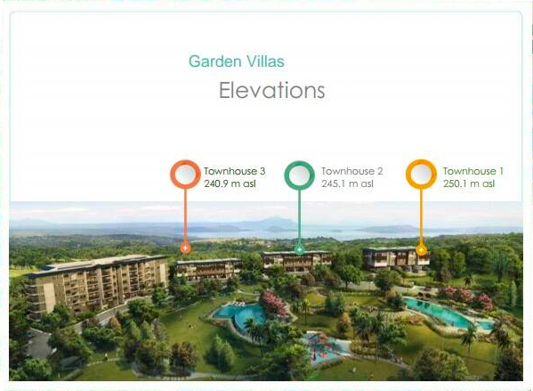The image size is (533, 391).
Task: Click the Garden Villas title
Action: [x=237, y=61]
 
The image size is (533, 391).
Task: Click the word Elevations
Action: [x=272, y=90]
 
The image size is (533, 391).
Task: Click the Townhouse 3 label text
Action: [x=235, y=171]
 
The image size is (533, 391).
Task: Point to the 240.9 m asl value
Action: [x=230, y=183]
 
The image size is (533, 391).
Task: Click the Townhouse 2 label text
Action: [x=352, y=171]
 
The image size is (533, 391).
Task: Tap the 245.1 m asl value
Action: [x=347, y=183]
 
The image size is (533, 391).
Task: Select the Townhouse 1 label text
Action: [x=472, y=171]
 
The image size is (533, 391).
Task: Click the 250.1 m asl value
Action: [x=469, y=183]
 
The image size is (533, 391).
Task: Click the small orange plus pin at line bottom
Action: [x=185, y=248]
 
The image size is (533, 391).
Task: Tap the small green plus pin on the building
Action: [x=300, y=249]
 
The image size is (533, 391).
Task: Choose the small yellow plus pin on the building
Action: [x=421, y=250]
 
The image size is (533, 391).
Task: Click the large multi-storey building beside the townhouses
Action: [x=97, y=282]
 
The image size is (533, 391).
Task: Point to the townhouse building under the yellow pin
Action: [x=396, y=258]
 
